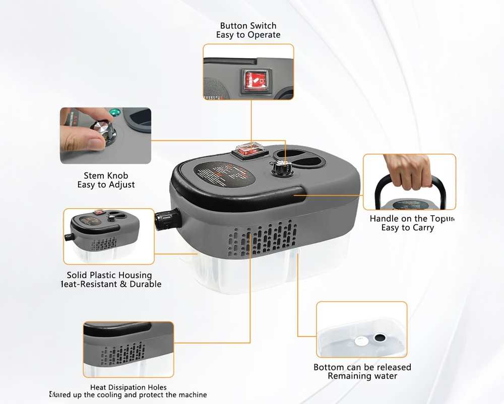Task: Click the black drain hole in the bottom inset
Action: pyautogui.click(x=379, y=337)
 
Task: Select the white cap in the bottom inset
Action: pyautogui.click(x=360, y=341)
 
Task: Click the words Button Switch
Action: pyautogui.click(x=248, y=26)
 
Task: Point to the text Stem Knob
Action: pyautogui.click(x=106, y=176)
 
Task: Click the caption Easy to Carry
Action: pyautogui.click(x=407, y=228)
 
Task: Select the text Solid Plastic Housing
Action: pyautogui.click(x=109, y=275)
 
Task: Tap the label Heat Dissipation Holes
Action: pyautogui.click(x=128, y=387)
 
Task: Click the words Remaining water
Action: pyautogui.click(x=362, y=376)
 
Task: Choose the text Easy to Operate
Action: pyautogui.click(x=248, y=35)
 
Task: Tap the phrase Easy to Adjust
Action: pyautogui.click(x=106, y=185)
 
